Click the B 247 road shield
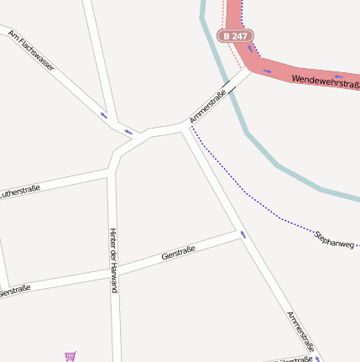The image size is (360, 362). (x=235, y=36)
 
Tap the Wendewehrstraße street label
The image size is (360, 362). (x=326, y=82)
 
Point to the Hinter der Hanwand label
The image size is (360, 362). (x=113, y=260)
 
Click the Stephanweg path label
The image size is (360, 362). (x=335, y=238)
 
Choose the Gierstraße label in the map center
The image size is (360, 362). (x=178, y=253)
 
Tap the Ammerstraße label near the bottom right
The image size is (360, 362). (x=305, y=333)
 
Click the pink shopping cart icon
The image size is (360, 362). (x=70, y=356)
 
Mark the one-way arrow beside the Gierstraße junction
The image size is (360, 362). (x=243, y=234)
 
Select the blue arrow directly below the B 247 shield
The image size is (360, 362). (x=249, y=48)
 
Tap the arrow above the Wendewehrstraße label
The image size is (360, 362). (x=267, y=71)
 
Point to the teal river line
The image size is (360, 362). (x=252, y=139)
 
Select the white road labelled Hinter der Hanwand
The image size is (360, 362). (x=115, y=319)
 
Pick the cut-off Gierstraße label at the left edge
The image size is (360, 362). (x=15, y=291)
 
